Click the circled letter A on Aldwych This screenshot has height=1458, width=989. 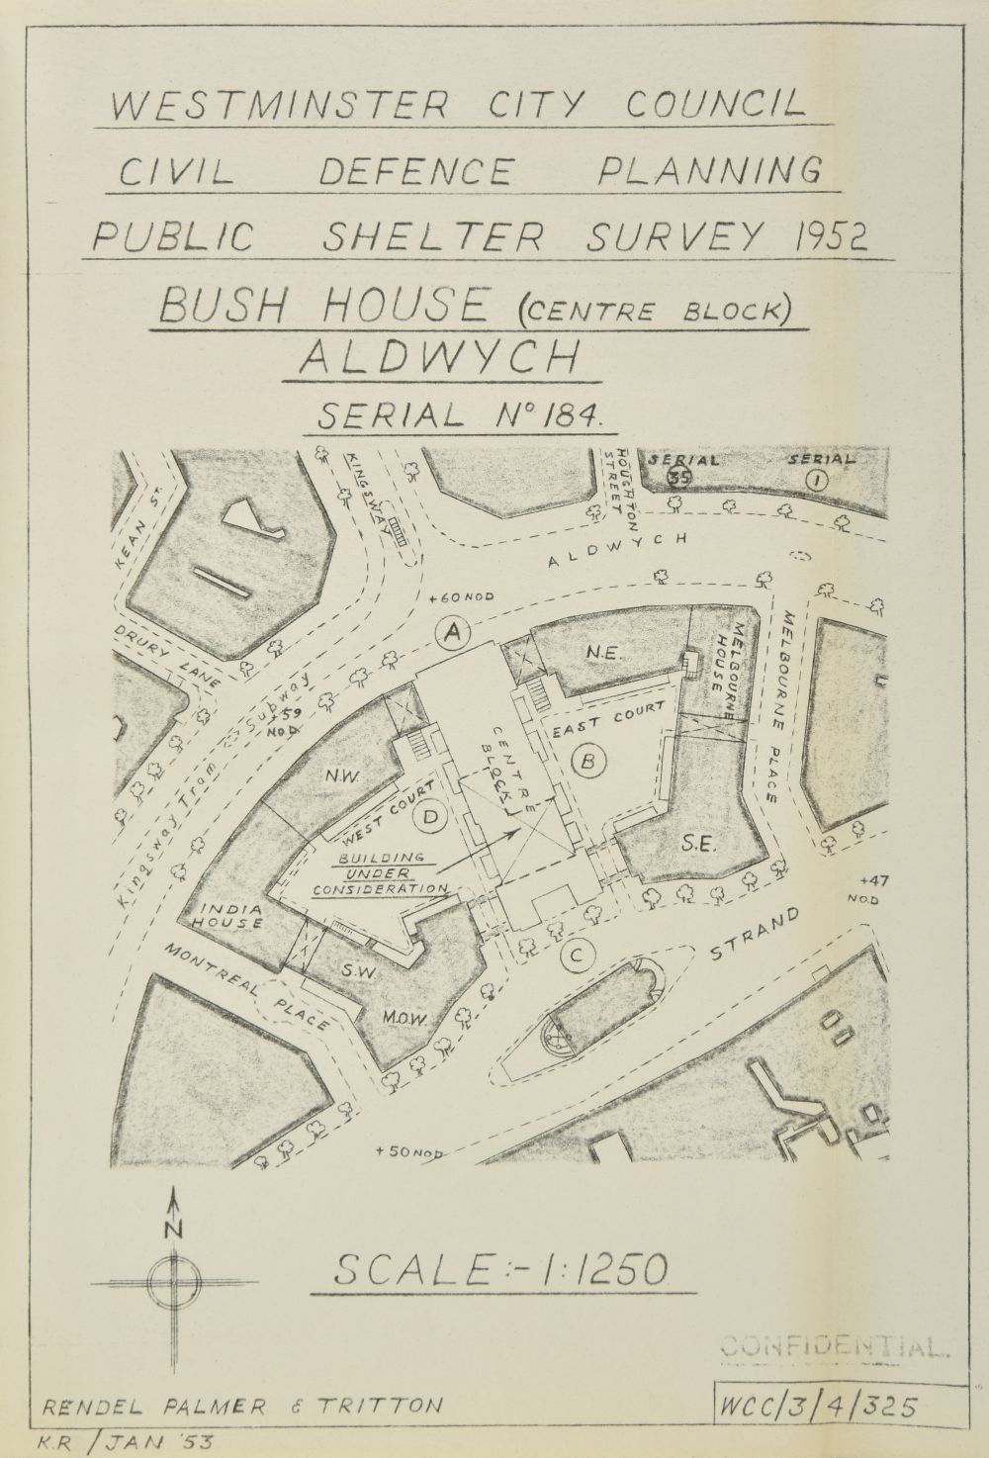454,631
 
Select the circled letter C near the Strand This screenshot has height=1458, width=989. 575,956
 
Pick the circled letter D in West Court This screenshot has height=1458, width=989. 431,817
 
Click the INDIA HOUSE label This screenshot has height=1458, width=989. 230,916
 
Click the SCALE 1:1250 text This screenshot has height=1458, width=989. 501,1269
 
